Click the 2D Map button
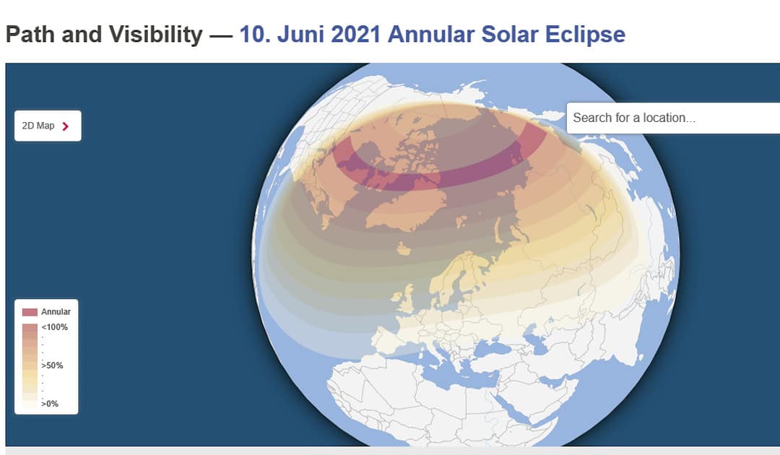click(x=48, y=126)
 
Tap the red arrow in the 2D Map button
click(x=65, y=126)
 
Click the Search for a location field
click(x=673, y=118)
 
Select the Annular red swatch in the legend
click(x=30, y=312)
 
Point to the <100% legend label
click(x=55, y=327)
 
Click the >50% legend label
click(x=52, y=365)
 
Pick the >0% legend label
click(x=50, y=403)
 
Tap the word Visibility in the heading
click(x=156, y=35)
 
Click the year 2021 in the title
click(x=355, y=35)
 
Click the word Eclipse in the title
click(x=586, y=35)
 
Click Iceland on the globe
click(x=404, y=248)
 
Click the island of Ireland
click(x=396, y=298)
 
